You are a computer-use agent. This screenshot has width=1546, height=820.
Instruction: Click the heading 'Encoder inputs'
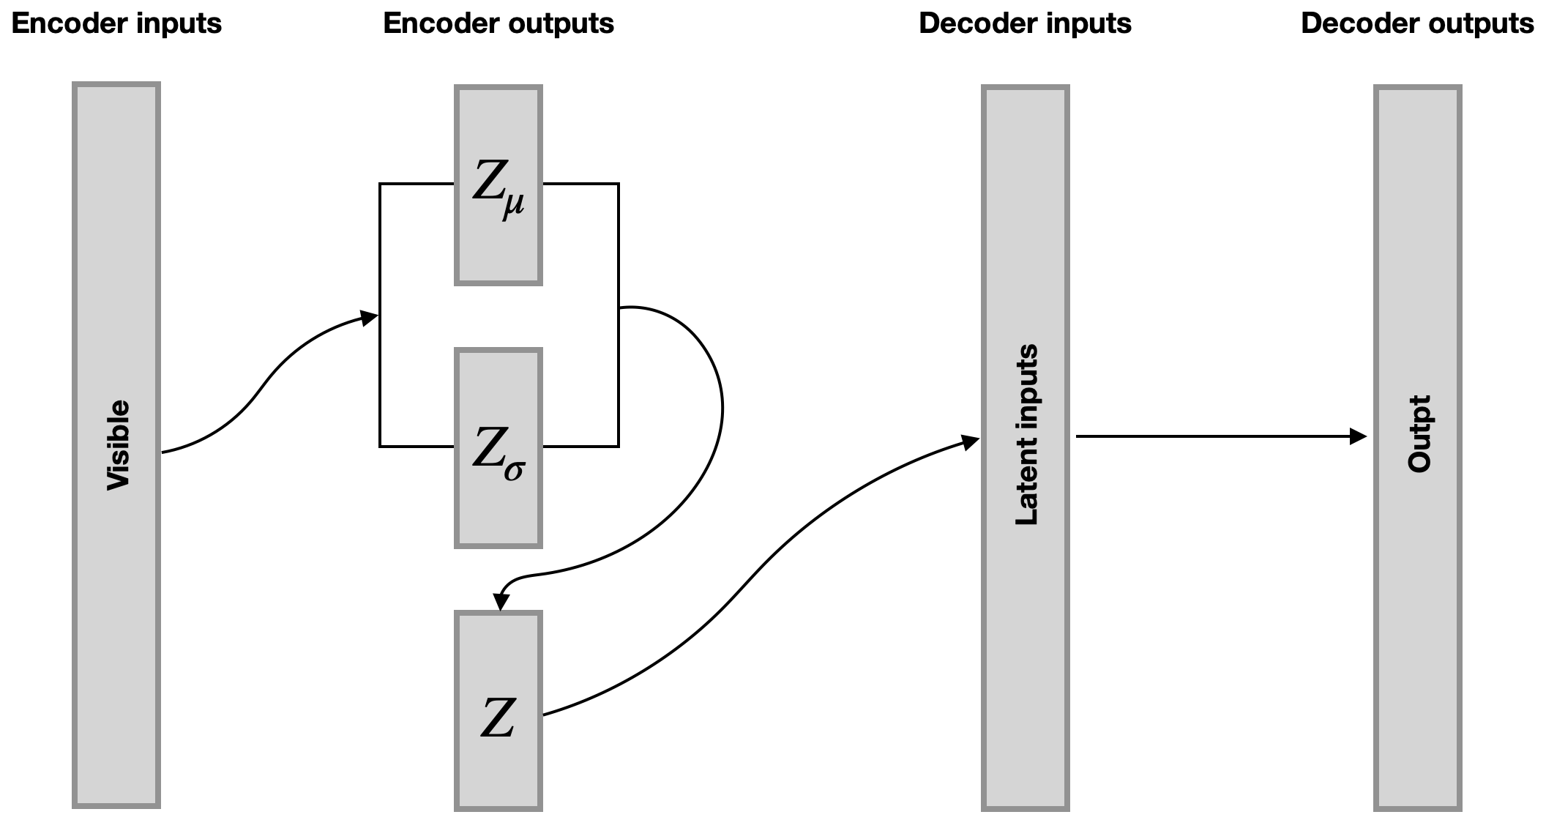pos(116,23)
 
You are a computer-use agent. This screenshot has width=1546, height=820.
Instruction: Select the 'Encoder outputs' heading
pos(498,23)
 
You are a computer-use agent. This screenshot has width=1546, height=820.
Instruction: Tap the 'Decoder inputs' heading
pos(1025,23)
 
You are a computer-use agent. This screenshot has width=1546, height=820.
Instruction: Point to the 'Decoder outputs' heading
pos(1417,23)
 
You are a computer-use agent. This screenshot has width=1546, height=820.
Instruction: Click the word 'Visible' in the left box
pos(118,445)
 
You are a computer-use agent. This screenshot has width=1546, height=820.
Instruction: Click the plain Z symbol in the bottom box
pos(498,717)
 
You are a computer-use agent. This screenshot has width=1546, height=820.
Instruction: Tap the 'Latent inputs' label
pos(1027,435)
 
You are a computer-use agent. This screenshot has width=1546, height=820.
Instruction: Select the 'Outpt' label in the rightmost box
pos(1419,434)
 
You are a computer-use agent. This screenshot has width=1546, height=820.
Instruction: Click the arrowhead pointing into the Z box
pos(501,601)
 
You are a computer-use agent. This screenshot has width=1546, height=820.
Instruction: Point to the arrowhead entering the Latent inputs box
pos(971,441)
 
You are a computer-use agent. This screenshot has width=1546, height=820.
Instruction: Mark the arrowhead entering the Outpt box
pos(1359,437)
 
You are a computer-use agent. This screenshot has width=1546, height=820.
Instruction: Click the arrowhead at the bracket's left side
pos(370,317)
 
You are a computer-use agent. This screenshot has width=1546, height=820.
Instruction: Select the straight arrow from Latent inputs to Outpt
pos(1215,437)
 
